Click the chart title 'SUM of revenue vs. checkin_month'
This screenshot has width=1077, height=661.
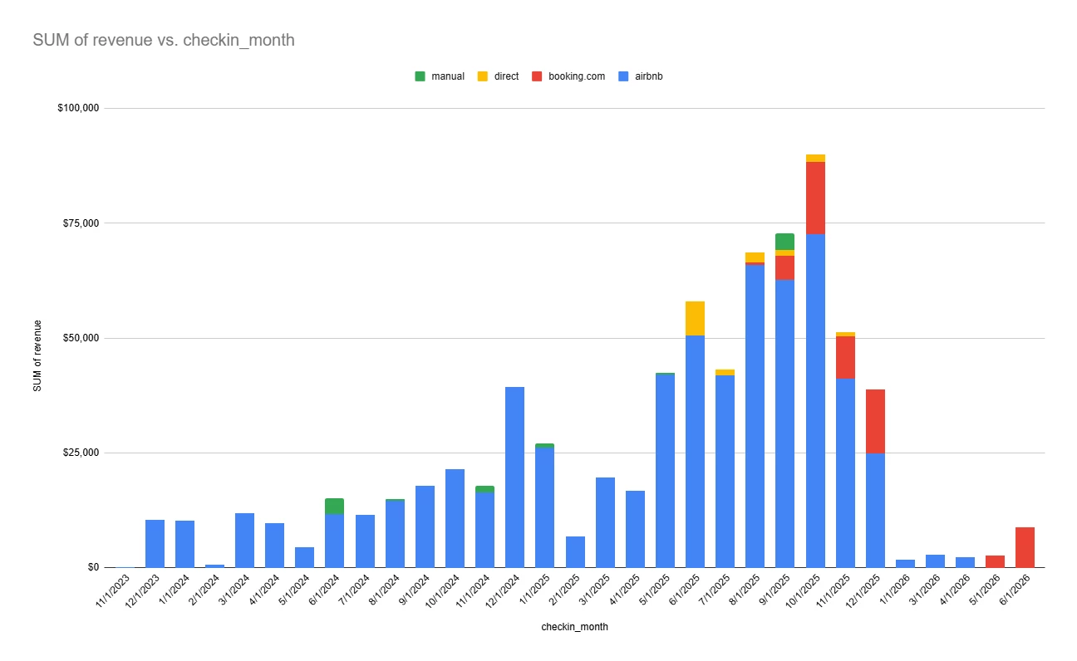(164, 40)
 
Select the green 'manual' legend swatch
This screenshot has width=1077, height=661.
(420, 76)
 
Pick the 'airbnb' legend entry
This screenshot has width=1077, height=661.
(648, 76)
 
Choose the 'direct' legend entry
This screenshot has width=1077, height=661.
(506, 76)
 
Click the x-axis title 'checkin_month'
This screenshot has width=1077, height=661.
(574, 627)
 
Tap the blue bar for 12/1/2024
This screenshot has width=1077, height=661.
(514, 477)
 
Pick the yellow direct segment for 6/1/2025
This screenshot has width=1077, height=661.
(695, 318)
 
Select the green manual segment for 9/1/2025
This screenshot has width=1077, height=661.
(784, 241)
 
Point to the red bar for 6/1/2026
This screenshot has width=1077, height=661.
(1025, 547)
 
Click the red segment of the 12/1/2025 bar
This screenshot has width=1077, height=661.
(875, 421)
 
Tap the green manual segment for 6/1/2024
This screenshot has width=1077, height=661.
(334, 506)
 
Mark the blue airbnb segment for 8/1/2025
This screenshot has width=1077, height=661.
(755, 415)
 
